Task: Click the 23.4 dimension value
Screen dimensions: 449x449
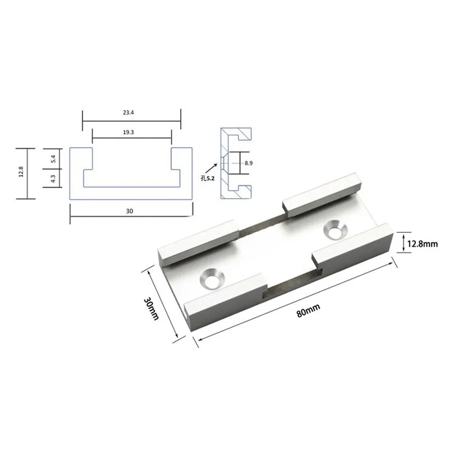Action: (129, 113)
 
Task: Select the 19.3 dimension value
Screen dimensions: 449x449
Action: (129, 132)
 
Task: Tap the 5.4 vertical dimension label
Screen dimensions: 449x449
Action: (53, 159)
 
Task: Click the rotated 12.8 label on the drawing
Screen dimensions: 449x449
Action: (21, 172)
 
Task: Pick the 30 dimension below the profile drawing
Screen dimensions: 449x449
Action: (130, 211)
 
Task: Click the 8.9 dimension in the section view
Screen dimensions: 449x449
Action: (249, 163)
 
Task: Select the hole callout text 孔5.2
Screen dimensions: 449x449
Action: (208, 178)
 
